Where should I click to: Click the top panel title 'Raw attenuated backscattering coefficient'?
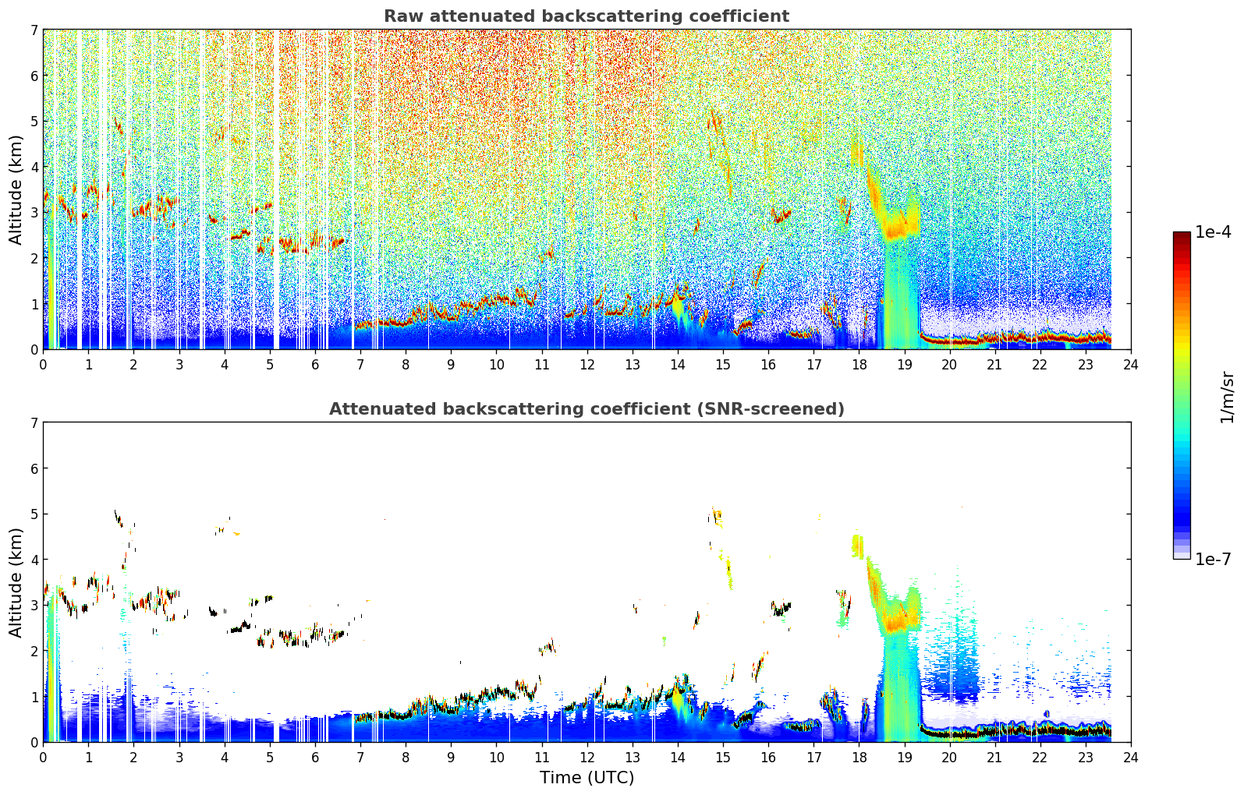[587, 16]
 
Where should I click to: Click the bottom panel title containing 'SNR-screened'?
[587, 408]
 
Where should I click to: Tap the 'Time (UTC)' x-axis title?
[587, 777]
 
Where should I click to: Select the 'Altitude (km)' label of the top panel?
[16, 189]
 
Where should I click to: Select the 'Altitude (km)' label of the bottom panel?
[16, 582]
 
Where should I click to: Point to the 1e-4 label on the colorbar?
[1213, 232]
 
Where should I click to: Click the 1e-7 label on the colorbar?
[1213, 559]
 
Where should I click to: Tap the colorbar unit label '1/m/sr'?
[1227, 398]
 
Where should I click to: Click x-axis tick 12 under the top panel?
[587, 365]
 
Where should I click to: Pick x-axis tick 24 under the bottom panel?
[1131, 758]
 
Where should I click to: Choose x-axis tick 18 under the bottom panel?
[859, 758]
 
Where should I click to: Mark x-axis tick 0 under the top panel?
[44, 365]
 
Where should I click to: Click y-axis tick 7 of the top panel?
[34, 30]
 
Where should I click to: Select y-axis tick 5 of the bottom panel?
[34, 514]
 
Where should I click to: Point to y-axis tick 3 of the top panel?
[34, 213]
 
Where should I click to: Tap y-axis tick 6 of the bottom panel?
[34, 468]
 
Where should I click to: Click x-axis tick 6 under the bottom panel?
[315, 758]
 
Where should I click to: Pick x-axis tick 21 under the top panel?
[994, 365]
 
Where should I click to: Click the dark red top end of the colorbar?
[1182, 235]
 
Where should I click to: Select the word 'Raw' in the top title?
[404, 16]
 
